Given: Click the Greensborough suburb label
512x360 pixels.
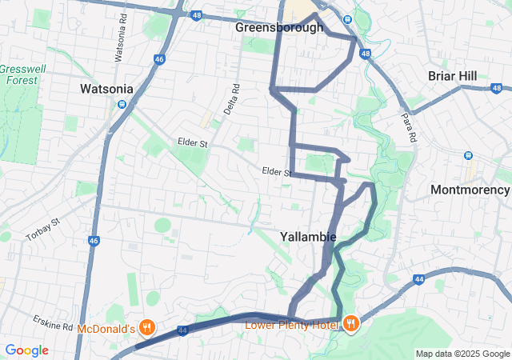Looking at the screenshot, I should click(x=279, y=27).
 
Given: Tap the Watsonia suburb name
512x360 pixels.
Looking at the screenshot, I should click(x=110, y=89).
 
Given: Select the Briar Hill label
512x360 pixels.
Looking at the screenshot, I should click(x=452, y=75).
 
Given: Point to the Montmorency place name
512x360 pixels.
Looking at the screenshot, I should click(x=470, y=190).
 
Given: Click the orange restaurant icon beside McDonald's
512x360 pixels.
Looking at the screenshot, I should click(x=147, y=327).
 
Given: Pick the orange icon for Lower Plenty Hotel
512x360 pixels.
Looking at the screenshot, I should click(x=350, y=323).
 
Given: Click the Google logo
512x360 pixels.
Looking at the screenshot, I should click(x=26, y=350).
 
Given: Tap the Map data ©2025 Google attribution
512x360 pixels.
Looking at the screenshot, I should click(x=462, y=354).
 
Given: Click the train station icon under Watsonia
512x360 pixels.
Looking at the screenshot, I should click(x=122, y=104).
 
